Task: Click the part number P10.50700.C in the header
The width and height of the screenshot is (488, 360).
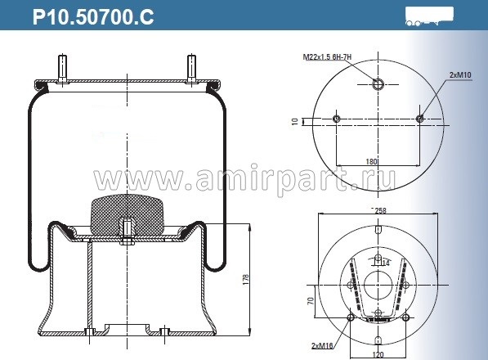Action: point(92,16)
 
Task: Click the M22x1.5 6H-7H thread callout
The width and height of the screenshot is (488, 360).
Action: point(326,56)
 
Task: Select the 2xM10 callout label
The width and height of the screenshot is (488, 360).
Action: point(459,74)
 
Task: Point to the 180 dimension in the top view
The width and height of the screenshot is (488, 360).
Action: point(372,162)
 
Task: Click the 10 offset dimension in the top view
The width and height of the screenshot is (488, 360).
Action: point(295,121)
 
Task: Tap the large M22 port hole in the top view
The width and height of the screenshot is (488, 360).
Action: point(378,83)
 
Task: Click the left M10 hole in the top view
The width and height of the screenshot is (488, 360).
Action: point(337,119)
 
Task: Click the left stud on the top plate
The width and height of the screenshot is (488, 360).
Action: point(63,65)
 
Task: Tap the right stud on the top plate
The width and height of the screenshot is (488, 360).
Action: point(190,65)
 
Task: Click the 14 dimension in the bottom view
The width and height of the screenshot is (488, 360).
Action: point(387,262)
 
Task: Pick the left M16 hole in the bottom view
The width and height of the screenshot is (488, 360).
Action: point(351,317)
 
